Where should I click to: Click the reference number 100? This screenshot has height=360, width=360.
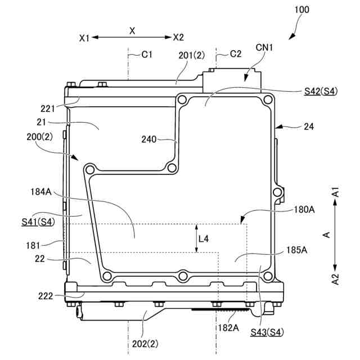point(301,10)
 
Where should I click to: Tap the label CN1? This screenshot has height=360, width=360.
point(264,47)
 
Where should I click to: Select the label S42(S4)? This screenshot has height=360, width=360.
point(321,91)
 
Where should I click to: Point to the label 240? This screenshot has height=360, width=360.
point(148,139)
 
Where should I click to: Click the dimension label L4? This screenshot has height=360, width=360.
point(204,239)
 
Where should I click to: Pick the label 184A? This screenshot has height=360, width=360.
point(41,192)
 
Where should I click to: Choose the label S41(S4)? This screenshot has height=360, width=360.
point(38,222)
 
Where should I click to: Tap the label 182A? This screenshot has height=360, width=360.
point(228,327)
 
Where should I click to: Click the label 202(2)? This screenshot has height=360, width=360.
point(145,344)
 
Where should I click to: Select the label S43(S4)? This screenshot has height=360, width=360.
point(267,332)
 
